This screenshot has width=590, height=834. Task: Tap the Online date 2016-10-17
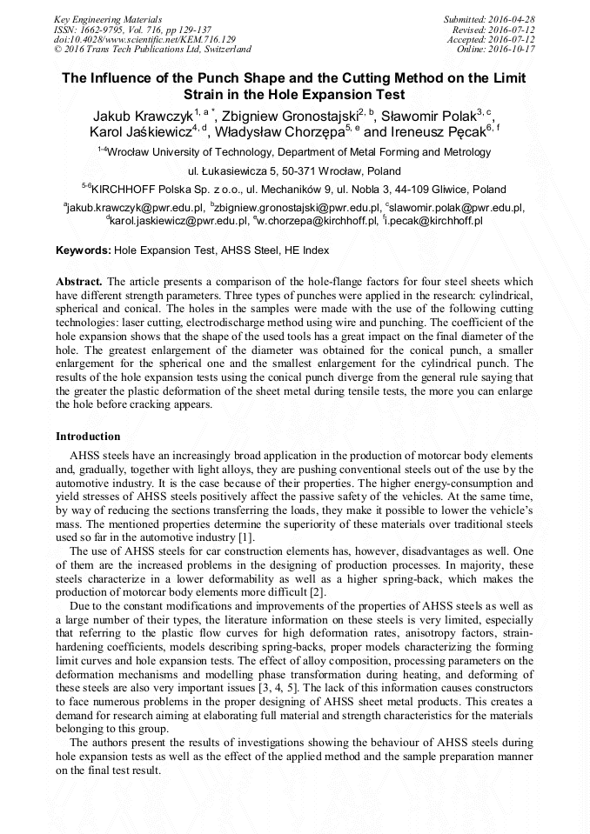coord(512,50)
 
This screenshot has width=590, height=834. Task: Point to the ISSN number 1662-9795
coord(102,29)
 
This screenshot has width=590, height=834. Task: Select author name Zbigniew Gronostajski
coord(294,115)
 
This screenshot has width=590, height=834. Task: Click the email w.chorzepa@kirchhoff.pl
coord(317,221)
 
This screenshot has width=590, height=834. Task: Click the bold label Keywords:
coord(84,250)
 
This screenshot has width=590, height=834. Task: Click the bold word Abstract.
coord(79,283)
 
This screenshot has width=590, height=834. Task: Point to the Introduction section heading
coord(88,436)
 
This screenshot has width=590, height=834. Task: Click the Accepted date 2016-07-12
coord(512,39)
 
